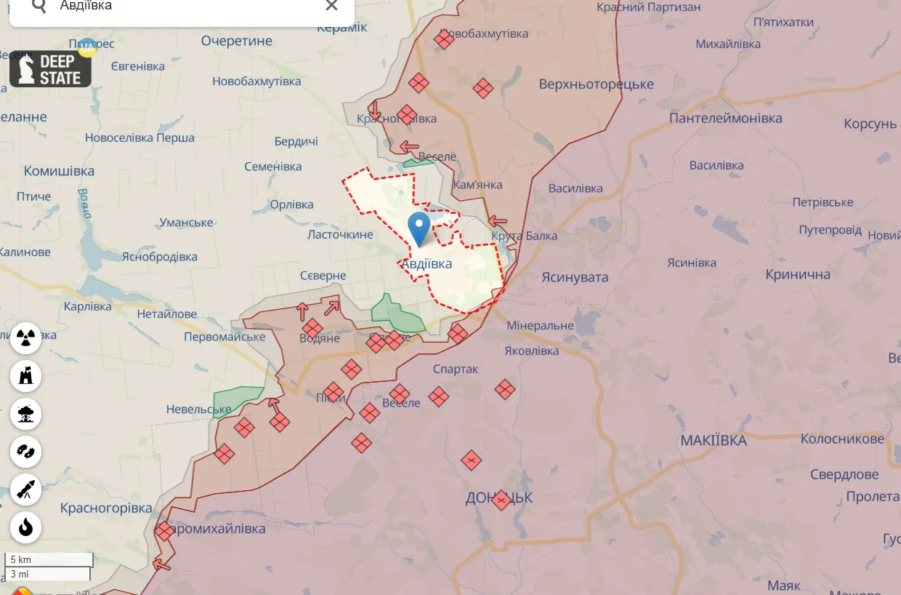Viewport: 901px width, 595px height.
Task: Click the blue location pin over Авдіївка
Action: pyautogui.click(x=419, y=228)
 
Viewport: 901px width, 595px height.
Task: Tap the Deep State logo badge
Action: pyautogui.click(x=50, y=69)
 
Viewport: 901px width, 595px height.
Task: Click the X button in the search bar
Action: pyautogui.click(x=331, y=6)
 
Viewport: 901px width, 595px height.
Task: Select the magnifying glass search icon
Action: pyautogui.click(x=39, y=6)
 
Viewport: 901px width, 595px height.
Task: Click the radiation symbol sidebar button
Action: pyautogui.click(x=26, y=338)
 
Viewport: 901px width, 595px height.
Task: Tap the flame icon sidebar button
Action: pyautogui.click(x=26, y=527)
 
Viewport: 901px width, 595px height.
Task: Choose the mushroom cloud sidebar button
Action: pyautogui.click(x=26, y=414)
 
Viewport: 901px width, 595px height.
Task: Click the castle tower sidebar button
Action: pyautogui.click(x=26, y=376)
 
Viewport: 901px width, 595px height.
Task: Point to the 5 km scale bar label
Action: pyautogui.click(x=21, y=559)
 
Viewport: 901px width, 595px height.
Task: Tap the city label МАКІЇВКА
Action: pyautogui.click(x=713, y=441)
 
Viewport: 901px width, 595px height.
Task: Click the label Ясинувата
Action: pyautogui.click(x=575, y=277)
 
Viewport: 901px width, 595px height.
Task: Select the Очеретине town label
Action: pyautogui.click(x=236, y=41)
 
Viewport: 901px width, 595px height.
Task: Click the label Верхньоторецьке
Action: pyautogui.click(x=596, y=84)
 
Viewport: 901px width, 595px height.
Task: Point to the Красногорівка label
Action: pyautogui.click(x=106, y=508)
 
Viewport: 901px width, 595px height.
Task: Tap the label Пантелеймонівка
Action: pyautogui.click(x=725, y=118)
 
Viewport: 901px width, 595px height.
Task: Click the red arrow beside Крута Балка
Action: pyautogui.click(x=498, y=220)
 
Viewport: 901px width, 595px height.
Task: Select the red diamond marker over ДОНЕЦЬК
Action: pyautogui.click(x=501, y=500)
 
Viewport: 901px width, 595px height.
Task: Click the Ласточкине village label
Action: pyautogui.click(x=340, y=234)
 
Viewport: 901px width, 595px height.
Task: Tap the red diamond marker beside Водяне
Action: pyautogui.click(x=312, y=328)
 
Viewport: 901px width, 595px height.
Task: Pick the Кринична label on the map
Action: pyautogui.click(x=797, y=275)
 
